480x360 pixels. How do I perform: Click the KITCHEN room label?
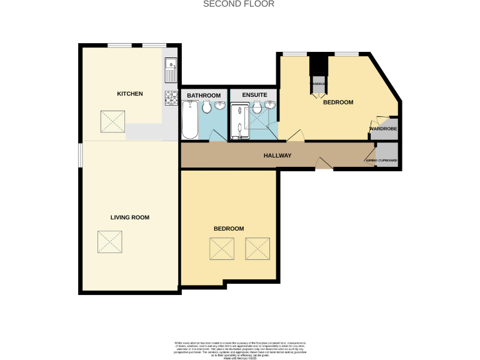130,94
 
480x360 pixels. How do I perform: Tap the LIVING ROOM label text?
129,217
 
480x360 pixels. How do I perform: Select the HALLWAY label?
277,156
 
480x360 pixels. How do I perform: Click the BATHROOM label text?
204,95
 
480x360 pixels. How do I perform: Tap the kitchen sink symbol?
171,69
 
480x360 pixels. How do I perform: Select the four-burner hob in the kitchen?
171,98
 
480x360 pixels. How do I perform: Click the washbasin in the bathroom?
220,106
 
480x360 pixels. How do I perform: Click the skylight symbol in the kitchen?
112,121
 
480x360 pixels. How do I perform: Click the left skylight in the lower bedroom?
222,248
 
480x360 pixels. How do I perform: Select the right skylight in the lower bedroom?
258,248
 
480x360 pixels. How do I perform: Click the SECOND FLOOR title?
230,4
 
